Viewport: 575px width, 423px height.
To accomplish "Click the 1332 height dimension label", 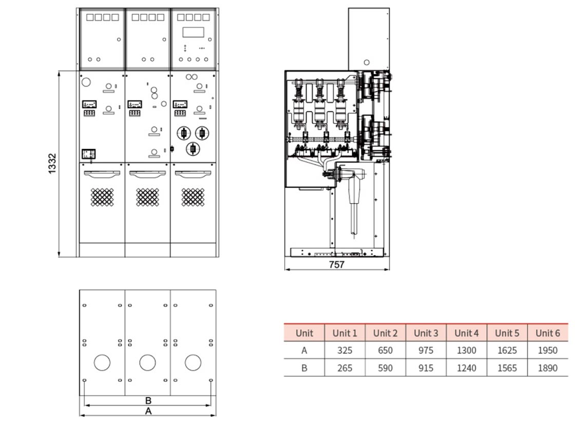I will (52, 164).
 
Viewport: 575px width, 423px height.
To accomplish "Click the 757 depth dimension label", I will (337, 265).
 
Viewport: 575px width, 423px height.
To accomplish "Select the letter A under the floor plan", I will (148, 411).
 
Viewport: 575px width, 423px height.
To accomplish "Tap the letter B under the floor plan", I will (148, 400).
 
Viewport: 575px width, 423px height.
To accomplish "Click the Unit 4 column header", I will (466, 333).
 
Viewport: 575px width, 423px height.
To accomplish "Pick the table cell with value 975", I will (426, 351).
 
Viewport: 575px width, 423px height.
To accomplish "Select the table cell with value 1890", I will (548, 368).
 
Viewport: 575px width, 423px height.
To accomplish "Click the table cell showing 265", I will (344, 368).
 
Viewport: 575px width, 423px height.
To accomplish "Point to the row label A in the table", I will (304, 351).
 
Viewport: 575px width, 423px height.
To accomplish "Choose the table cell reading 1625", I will (507, 351).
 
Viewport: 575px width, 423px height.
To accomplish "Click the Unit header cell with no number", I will (304, 333).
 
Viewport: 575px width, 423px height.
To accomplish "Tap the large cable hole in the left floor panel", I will (102, 362).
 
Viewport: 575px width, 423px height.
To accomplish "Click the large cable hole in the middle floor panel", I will (147, 362).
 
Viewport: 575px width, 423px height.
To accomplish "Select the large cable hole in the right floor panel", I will (193, 362).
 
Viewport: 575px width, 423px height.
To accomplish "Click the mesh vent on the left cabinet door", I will (102, 197).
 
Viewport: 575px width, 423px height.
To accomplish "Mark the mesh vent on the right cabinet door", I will (193, 197).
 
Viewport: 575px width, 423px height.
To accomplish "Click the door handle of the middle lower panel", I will (147, 174).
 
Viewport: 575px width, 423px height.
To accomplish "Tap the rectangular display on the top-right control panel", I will (193, 32).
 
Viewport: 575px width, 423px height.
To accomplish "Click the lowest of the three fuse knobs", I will (193, 149).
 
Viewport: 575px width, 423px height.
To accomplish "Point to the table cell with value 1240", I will (466, 368).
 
